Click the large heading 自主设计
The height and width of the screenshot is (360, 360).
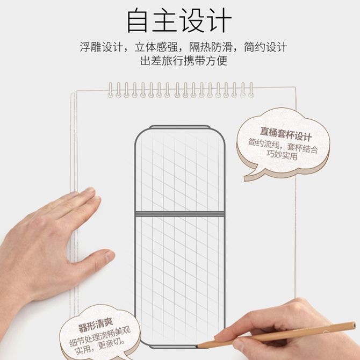point(179,20)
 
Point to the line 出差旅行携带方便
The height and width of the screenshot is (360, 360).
point(184,61)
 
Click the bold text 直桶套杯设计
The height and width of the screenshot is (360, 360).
point(286,134)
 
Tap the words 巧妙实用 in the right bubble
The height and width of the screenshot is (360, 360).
point(282,155)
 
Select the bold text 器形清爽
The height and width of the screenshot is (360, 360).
point(96,325)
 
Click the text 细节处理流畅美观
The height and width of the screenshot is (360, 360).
point(100,336)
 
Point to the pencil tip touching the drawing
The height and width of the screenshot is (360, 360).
point(197,347)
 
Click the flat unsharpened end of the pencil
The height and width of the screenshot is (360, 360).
point(354,326)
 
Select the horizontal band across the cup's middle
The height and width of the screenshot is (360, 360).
point(179,214)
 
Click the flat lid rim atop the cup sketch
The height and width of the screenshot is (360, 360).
point(179,127)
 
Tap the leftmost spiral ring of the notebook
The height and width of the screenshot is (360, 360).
point(111,90)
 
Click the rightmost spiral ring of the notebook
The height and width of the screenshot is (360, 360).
point(251,90)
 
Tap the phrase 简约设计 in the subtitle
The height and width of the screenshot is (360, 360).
point(265,47)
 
